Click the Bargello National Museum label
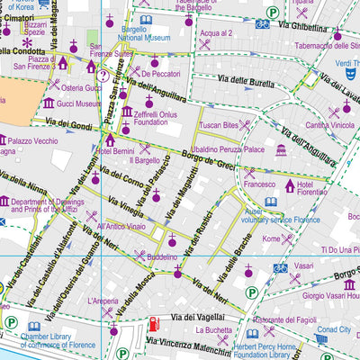[x=171, y=34]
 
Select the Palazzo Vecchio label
[x=33, y=140]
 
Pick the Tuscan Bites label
[x=218, y=124]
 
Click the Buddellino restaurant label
[x=162, y=256]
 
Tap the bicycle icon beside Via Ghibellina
[x=262, y=23]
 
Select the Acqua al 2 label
[x=215, y=32]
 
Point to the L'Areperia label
[x=104, y=300]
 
